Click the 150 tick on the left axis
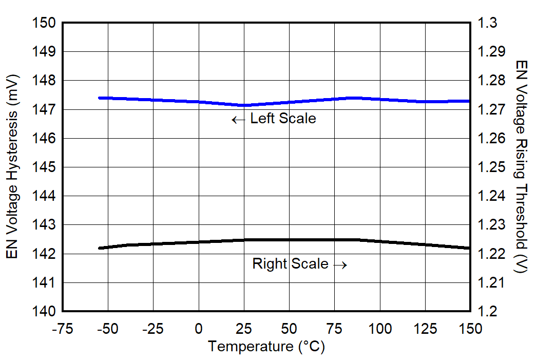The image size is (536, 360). click(x=45, y=23)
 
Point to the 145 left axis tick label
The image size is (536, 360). click(x=45, y=167)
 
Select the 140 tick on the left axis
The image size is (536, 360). click(x=45, y=312)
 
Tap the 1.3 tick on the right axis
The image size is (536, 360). click(x=488, y=23)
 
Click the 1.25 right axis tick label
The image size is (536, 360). click(x=492, y=167)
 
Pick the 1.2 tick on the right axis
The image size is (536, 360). click(x=488, y=312)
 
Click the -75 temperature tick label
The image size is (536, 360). click(x=62, y=329)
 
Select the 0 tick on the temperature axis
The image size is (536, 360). click(x=199, y=329)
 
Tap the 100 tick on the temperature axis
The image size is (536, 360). click(x=380, y=329)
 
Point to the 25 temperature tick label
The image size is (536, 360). click(x=244, y=329)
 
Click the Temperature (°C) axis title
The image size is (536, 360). click(x=266, y=347)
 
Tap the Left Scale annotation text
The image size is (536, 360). click(x=283, y=119)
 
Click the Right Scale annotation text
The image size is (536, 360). click(x=290, y=264)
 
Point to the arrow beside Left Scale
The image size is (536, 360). click(x=238, y=120)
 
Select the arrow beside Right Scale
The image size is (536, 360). click(x=340, y=265)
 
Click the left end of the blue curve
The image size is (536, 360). click(x=100, y=98)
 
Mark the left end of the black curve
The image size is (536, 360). click(x=100, y=248)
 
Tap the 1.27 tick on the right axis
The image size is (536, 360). click(x=492, y=110)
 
